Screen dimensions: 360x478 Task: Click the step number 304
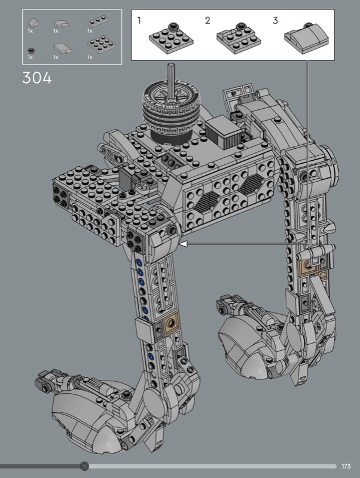click(x=37, y=78)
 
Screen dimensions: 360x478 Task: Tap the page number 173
click(x=346, y=466)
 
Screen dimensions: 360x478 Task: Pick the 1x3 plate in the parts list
click(x=98, y=21)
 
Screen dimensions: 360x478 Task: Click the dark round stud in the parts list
click(x=30, y=50)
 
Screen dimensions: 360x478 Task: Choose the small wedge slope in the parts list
click(x=33, y=23)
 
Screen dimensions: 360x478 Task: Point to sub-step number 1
click(x=139, y=20)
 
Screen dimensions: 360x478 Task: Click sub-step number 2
click(x=208, y=20)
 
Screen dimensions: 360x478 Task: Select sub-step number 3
click(x=275, y=20)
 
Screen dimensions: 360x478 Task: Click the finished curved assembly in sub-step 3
click(x=306, y=39)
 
